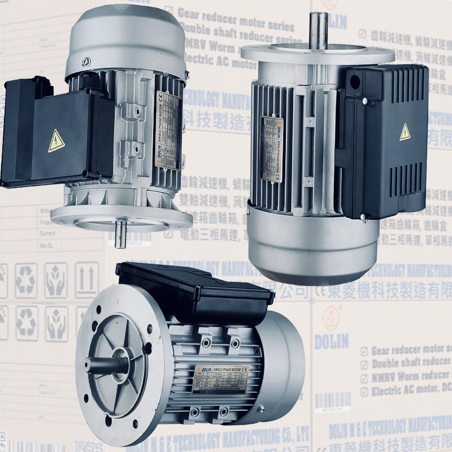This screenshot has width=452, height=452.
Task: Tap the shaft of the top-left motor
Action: coord(120,233)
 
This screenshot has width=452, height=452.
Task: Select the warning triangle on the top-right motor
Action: coord(405,132)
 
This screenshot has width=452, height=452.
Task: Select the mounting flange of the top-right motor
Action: coord(316,54)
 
